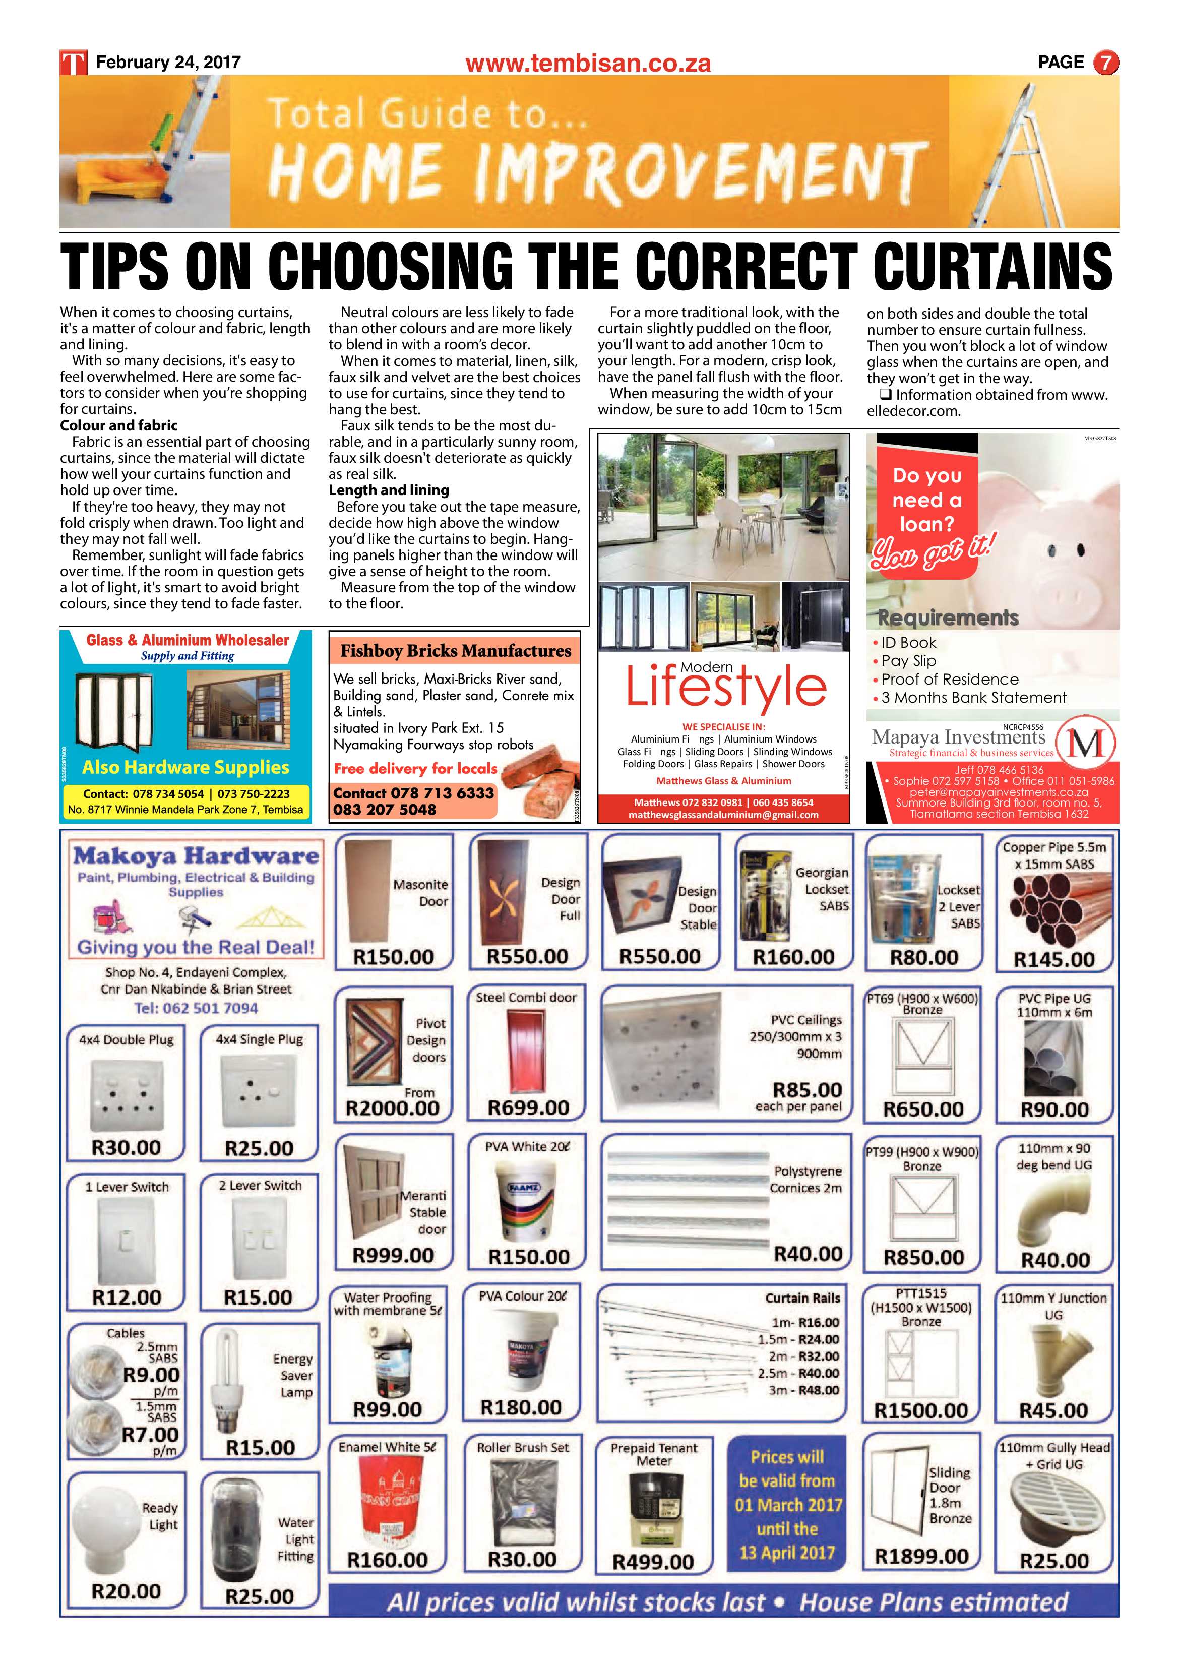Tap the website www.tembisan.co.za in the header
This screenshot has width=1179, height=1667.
click(588, 64)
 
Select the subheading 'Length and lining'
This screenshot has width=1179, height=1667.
click(389, 490)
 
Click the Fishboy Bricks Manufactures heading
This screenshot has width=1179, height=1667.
click(455, 651)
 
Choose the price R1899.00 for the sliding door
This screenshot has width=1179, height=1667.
click(921, 1556)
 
